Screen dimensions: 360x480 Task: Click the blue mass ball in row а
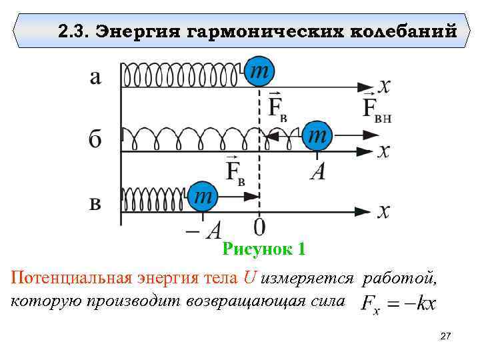(x=259, y=73)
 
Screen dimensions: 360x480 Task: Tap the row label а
(x=95, y=77)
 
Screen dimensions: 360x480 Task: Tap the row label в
(x=95, y=203)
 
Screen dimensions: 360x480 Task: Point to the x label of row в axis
(x=383, y=211)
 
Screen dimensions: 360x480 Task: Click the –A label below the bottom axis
(x=203, y=231)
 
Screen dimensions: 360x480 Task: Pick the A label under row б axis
(x=317, y=173)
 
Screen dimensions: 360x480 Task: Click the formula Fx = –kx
(x=399, y=303)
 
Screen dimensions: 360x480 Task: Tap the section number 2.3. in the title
(x=73, y=31)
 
